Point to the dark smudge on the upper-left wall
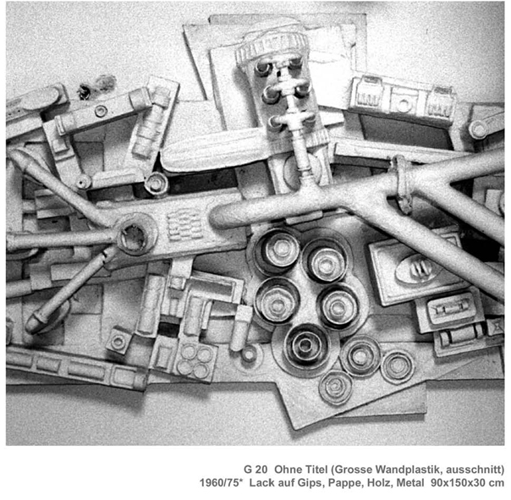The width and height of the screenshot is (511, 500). tap(96, 85)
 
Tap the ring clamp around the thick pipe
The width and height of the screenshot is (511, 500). tap(402, 184)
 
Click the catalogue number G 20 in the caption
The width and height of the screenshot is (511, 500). tap(255, 470)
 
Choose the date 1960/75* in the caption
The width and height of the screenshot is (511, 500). tap(222, 483)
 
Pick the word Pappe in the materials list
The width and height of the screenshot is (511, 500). tap(342, 483)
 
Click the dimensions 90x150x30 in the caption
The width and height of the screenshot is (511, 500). tap(458, 483)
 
